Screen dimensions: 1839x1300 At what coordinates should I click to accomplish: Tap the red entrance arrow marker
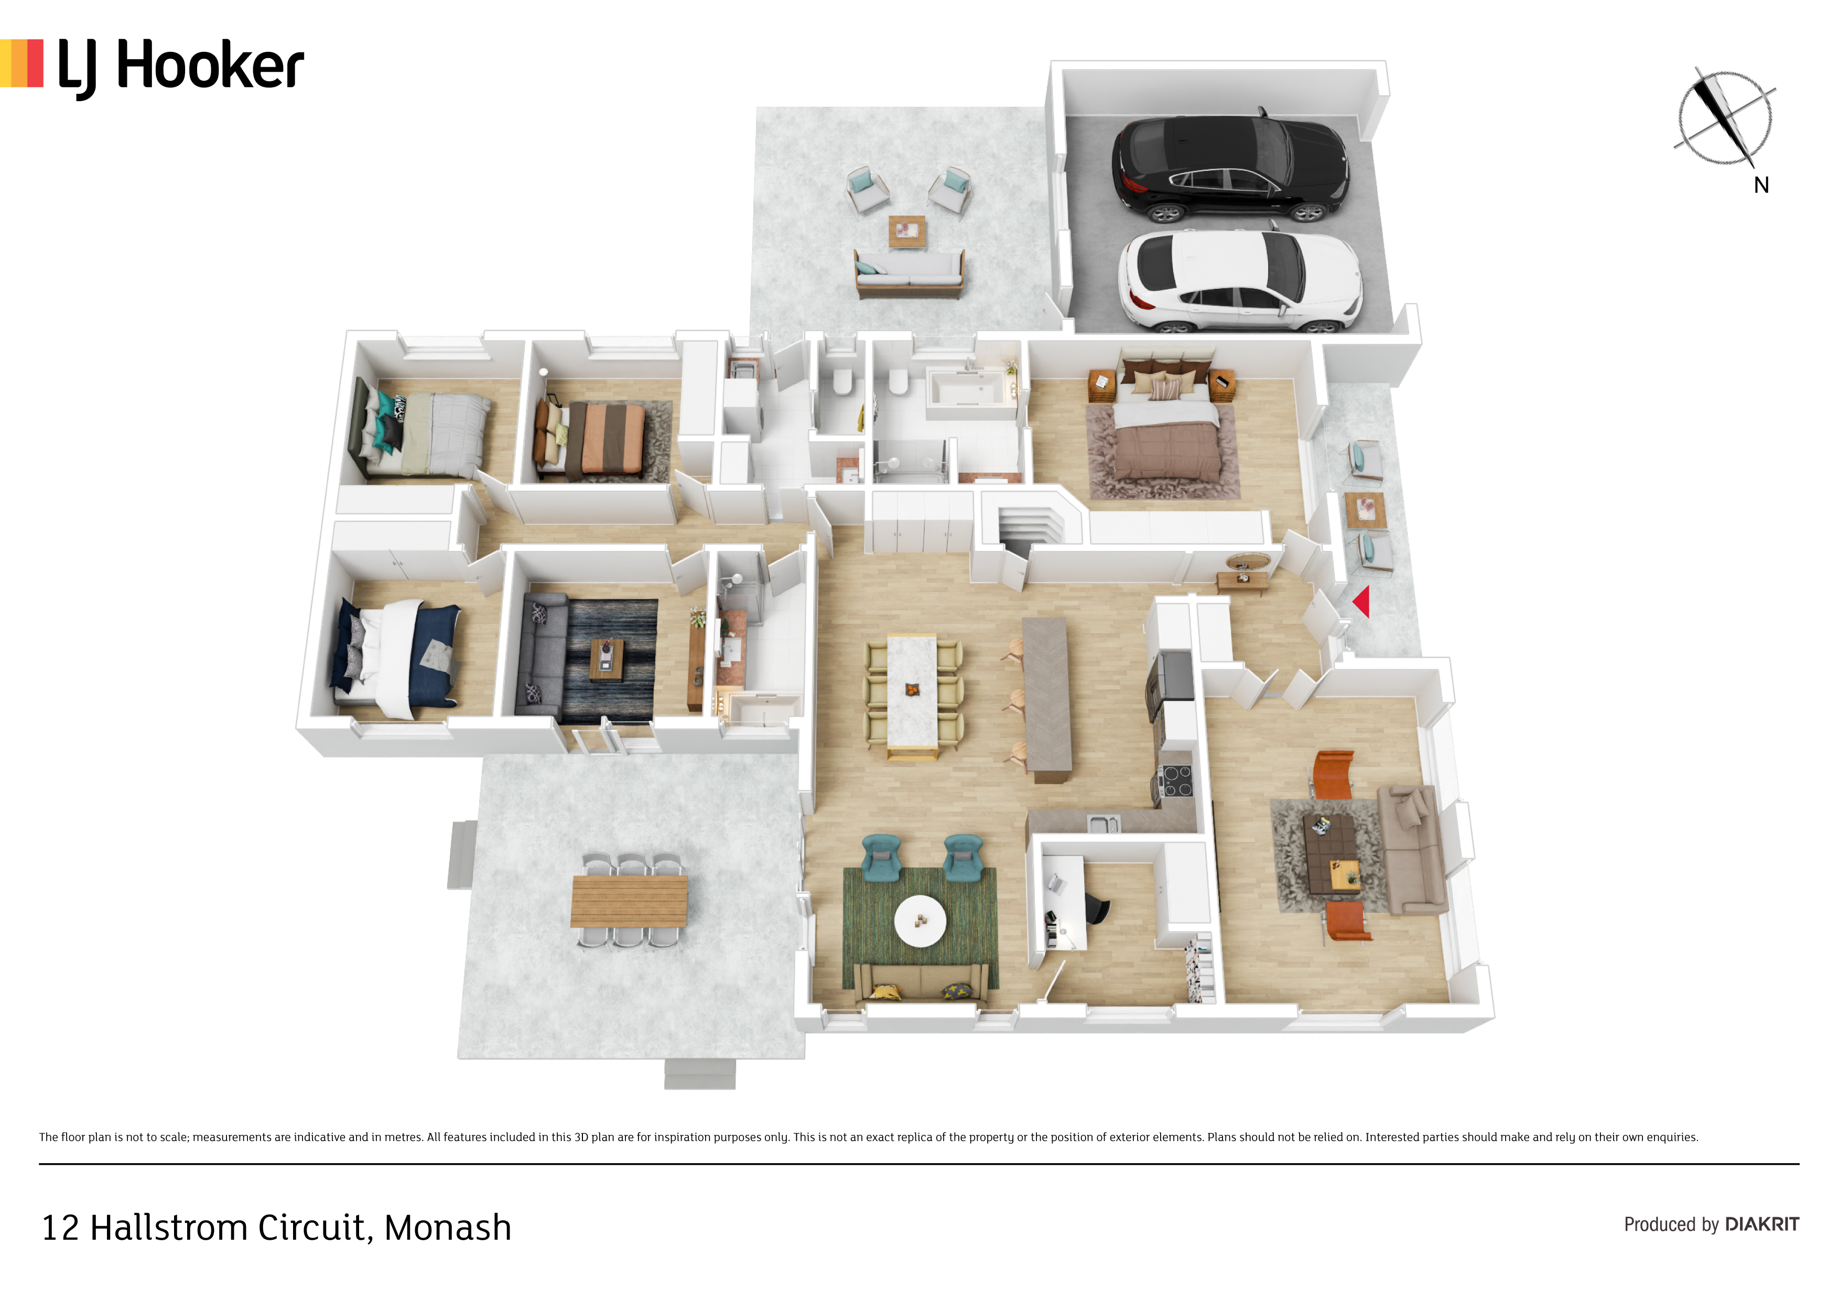[1361, 602]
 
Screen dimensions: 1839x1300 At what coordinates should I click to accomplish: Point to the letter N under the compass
[1761, 185]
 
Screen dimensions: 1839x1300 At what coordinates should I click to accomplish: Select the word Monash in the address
[448, 1228]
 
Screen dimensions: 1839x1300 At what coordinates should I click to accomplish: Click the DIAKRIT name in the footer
[1762, 1224]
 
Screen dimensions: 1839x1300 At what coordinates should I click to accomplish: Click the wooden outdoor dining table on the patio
[630, 901]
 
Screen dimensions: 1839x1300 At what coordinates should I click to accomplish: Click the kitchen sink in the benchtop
[1104, 824]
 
